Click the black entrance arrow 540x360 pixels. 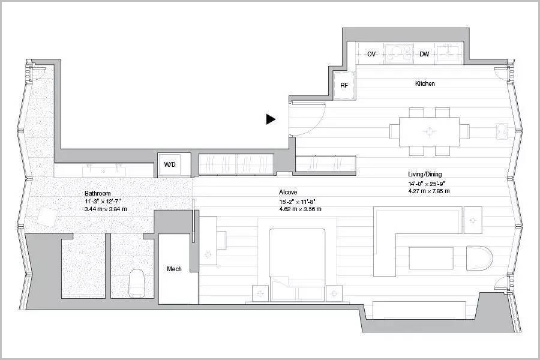[271, 119]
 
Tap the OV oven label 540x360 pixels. [371, 54]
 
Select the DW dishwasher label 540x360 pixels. [424, 54]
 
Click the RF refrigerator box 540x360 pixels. [344, 85]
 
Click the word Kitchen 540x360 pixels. [425, 83]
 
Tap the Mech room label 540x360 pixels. [174, 269]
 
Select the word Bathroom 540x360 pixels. [97, 193]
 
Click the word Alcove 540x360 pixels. [288, 192]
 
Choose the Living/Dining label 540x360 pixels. [425, 174]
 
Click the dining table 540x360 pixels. [430, 131]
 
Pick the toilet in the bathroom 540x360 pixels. [136, 283]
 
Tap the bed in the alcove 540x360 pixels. [297, 265]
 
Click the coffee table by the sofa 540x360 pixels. [431, 257]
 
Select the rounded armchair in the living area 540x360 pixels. [479, 258]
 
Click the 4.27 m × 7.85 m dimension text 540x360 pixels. [429, 191]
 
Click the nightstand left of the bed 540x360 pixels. [260, 294]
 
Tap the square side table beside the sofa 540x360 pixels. [473, 220]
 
